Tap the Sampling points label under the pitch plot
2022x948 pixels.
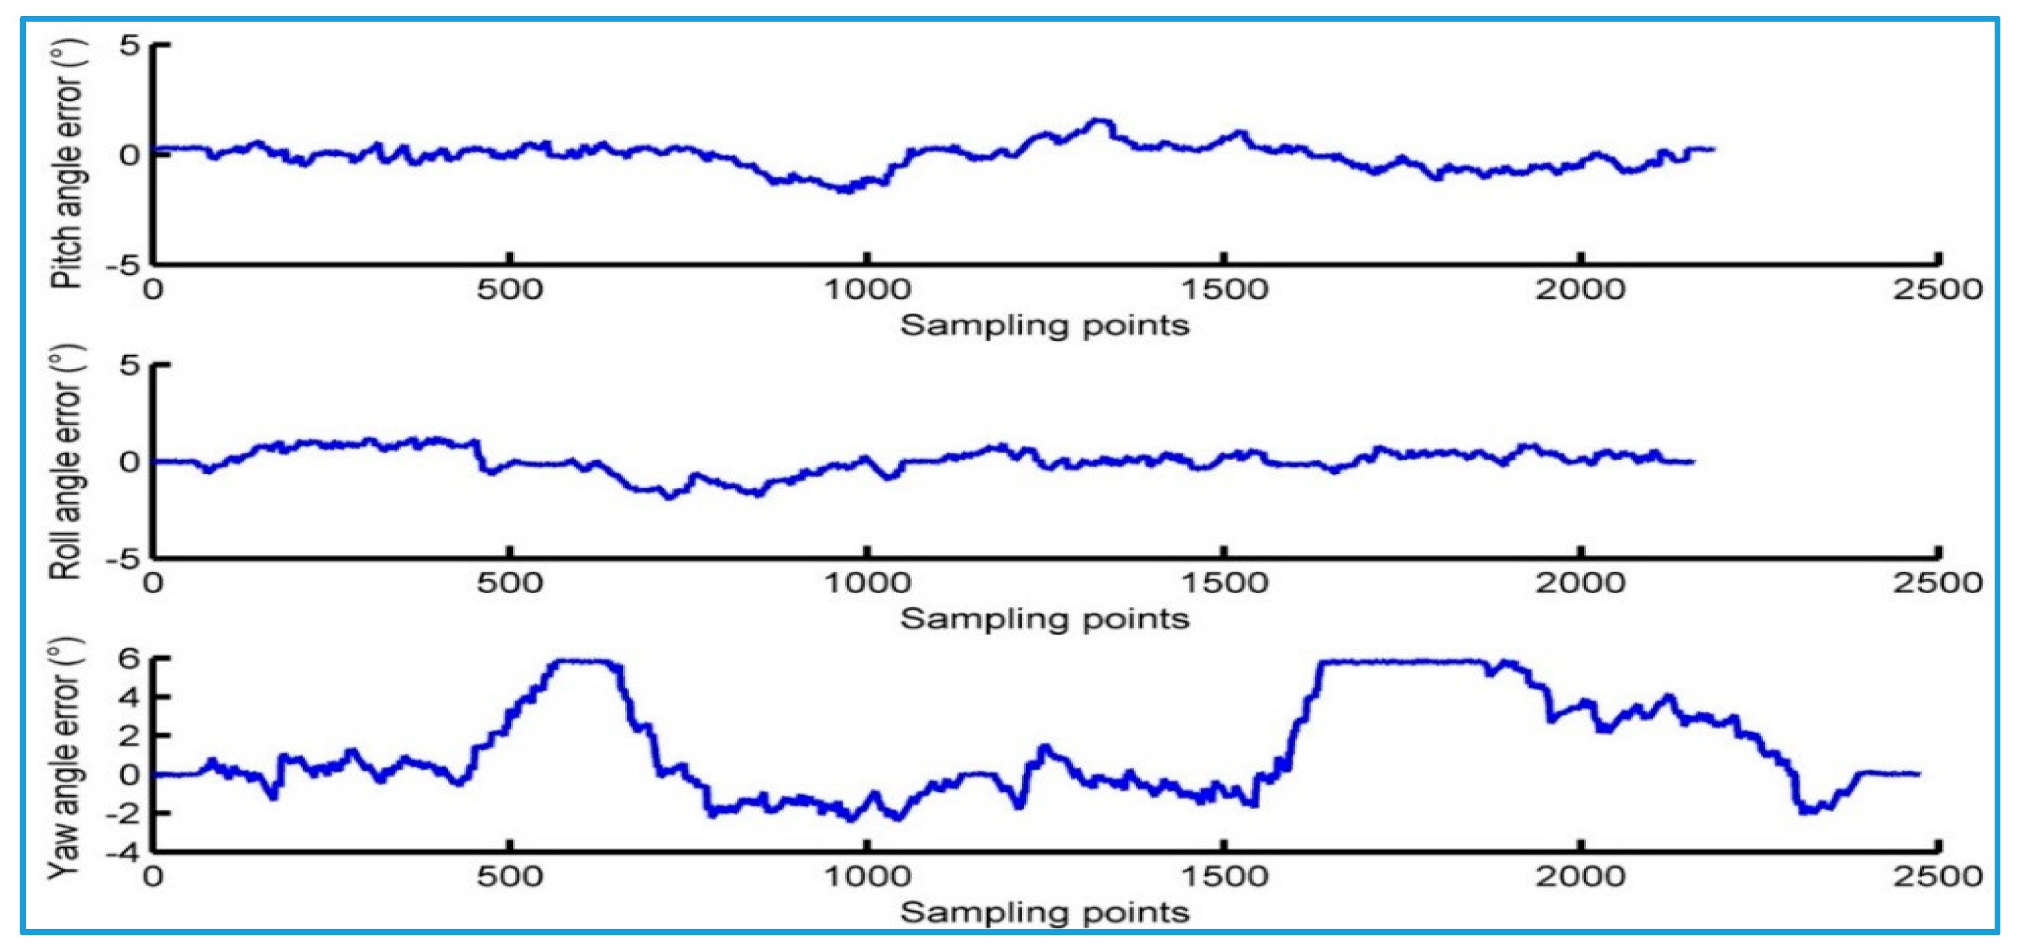click(x=1044, y=325)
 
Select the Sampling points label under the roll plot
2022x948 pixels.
click(x=1044, y=619)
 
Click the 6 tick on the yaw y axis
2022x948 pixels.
click(x=129, y=658)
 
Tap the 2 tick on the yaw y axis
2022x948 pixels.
click(x=129, y=736)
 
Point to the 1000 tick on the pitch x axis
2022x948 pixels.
click(x=867, y=290)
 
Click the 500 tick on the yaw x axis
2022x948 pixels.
click(x=510, y=877)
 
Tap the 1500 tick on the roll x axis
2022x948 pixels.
click(x=1225, y=584)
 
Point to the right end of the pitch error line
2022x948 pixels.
click(x=1713, y=148)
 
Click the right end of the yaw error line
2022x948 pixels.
click(x=1918, y=775)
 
